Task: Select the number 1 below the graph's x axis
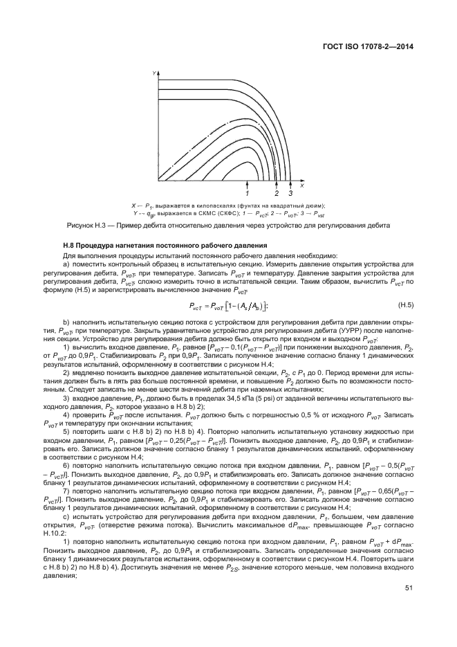(x=247, y=194)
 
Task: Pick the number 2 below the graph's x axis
(x=277, y=194)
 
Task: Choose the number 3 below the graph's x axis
(x=290, y=194)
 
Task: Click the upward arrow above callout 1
(x=247, y=185)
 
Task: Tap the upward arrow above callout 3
(x=290, y=185)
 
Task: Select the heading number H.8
(x=70, y=247)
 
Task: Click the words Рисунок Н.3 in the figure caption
(x=86, y=226)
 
